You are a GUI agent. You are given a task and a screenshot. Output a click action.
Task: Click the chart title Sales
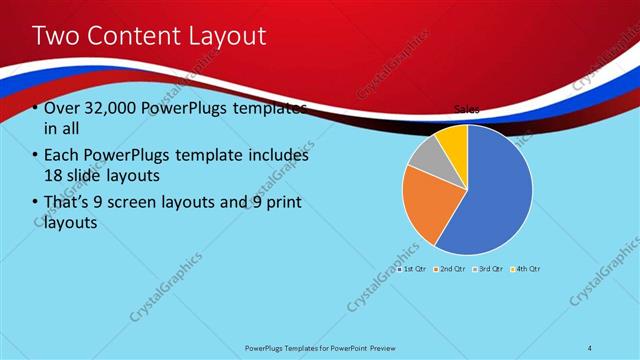point(467,109)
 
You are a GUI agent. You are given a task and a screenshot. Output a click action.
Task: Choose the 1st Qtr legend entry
point(413,269)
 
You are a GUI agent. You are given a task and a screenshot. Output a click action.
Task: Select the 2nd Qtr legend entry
point(451,269)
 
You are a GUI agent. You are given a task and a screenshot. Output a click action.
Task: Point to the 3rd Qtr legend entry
point(489,269)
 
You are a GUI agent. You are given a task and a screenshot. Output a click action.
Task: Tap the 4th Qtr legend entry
point(526,269)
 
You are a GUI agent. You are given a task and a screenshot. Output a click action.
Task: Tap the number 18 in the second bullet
point(53,176)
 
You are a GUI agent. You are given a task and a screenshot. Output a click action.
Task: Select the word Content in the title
point(130,37)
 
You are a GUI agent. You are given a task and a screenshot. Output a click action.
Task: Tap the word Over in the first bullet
point(62,108)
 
